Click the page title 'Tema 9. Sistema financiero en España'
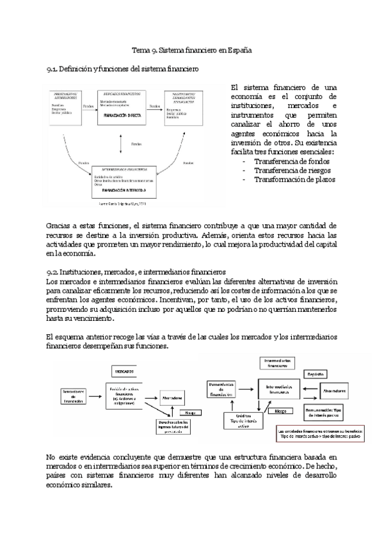click(x=191, y=49)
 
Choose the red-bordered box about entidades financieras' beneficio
click(x=319, y=435)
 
